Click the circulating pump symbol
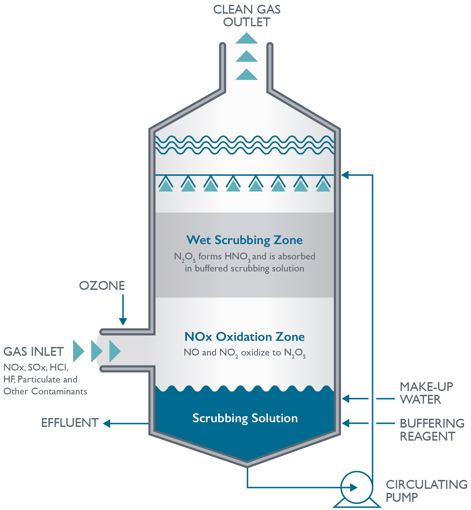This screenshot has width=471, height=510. (356, 487)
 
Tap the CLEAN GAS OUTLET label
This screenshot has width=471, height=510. (247, 16)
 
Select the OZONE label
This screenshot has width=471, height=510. (102, 286)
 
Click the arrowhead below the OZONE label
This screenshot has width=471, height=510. (123, 321)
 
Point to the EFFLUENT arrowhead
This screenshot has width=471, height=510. (107, 424)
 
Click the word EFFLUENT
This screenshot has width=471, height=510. (70, 423)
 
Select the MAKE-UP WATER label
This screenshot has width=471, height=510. (426, 393)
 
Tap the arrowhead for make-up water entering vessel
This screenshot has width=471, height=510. (346, 399)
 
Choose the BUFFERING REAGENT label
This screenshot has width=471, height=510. (432, 430)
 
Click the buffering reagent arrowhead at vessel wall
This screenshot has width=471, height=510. (346, 423)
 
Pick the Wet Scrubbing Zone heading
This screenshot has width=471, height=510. (244, 240)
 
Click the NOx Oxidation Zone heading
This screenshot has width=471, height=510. (244, 337)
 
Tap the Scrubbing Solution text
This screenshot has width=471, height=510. (245, 418)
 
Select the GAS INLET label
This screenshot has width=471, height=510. (33, 352)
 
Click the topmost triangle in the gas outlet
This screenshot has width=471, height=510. (246, 39)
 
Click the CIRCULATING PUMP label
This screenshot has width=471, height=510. (426, 491)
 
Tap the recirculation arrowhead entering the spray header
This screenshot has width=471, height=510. (345, 175)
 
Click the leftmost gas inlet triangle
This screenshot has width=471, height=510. (78, 351)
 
